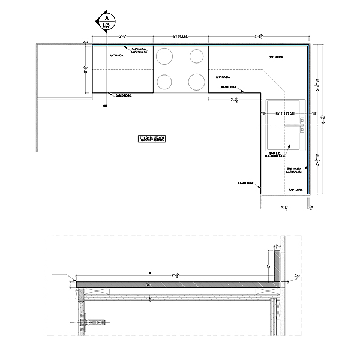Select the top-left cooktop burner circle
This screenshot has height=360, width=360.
[x=164, y=56]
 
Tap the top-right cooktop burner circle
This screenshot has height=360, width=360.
[x=196, y=56]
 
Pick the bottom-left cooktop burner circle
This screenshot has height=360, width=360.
[x=164, y=80]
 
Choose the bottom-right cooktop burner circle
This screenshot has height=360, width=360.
[x=196, y=80]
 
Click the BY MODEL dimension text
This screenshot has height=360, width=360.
[x=181, y=37]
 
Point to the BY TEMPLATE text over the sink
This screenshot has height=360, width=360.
[x=287, y=113]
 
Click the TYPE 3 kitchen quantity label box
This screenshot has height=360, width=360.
[x=152, y=139]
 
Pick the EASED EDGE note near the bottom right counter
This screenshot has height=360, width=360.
[x=246, y=182]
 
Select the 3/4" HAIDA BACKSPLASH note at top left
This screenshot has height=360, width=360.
[x=139, y=51]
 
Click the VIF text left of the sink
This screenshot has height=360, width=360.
[x=263, y=113]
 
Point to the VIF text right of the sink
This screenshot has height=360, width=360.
[x=313, y=113]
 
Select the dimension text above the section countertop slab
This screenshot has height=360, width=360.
[x=177, y=276]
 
